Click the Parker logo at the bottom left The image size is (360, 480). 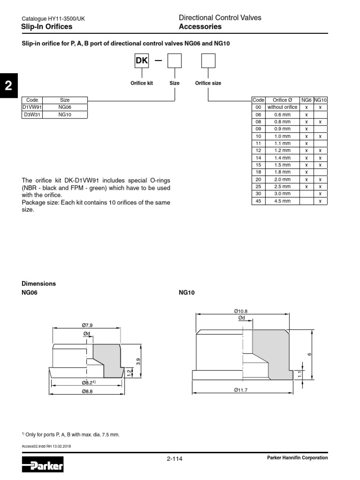[43, 466]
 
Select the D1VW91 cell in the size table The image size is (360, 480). [32, 107]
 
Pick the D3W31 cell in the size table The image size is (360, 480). [32, 114]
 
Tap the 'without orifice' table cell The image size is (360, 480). [282, 107]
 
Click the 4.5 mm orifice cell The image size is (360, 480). [282, 201]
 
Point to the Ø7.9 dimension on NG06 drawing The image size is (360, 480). [87, 325]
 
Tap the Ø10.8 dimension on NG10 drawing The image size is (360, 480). [241, 310]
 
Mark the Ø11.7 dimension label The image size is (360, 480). [241, 390]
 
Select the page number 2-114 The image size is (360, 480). [174, 458]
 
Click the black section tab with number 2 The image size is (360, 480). [8, 86]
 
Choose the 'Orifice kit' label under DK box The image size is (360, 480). [142, 83]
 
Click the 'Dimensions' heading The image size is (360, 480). [39, 284]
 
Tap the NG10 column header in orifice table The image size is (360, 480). [320, 100]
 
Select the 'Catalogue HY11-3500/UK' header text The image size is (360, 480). [53, 19]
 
